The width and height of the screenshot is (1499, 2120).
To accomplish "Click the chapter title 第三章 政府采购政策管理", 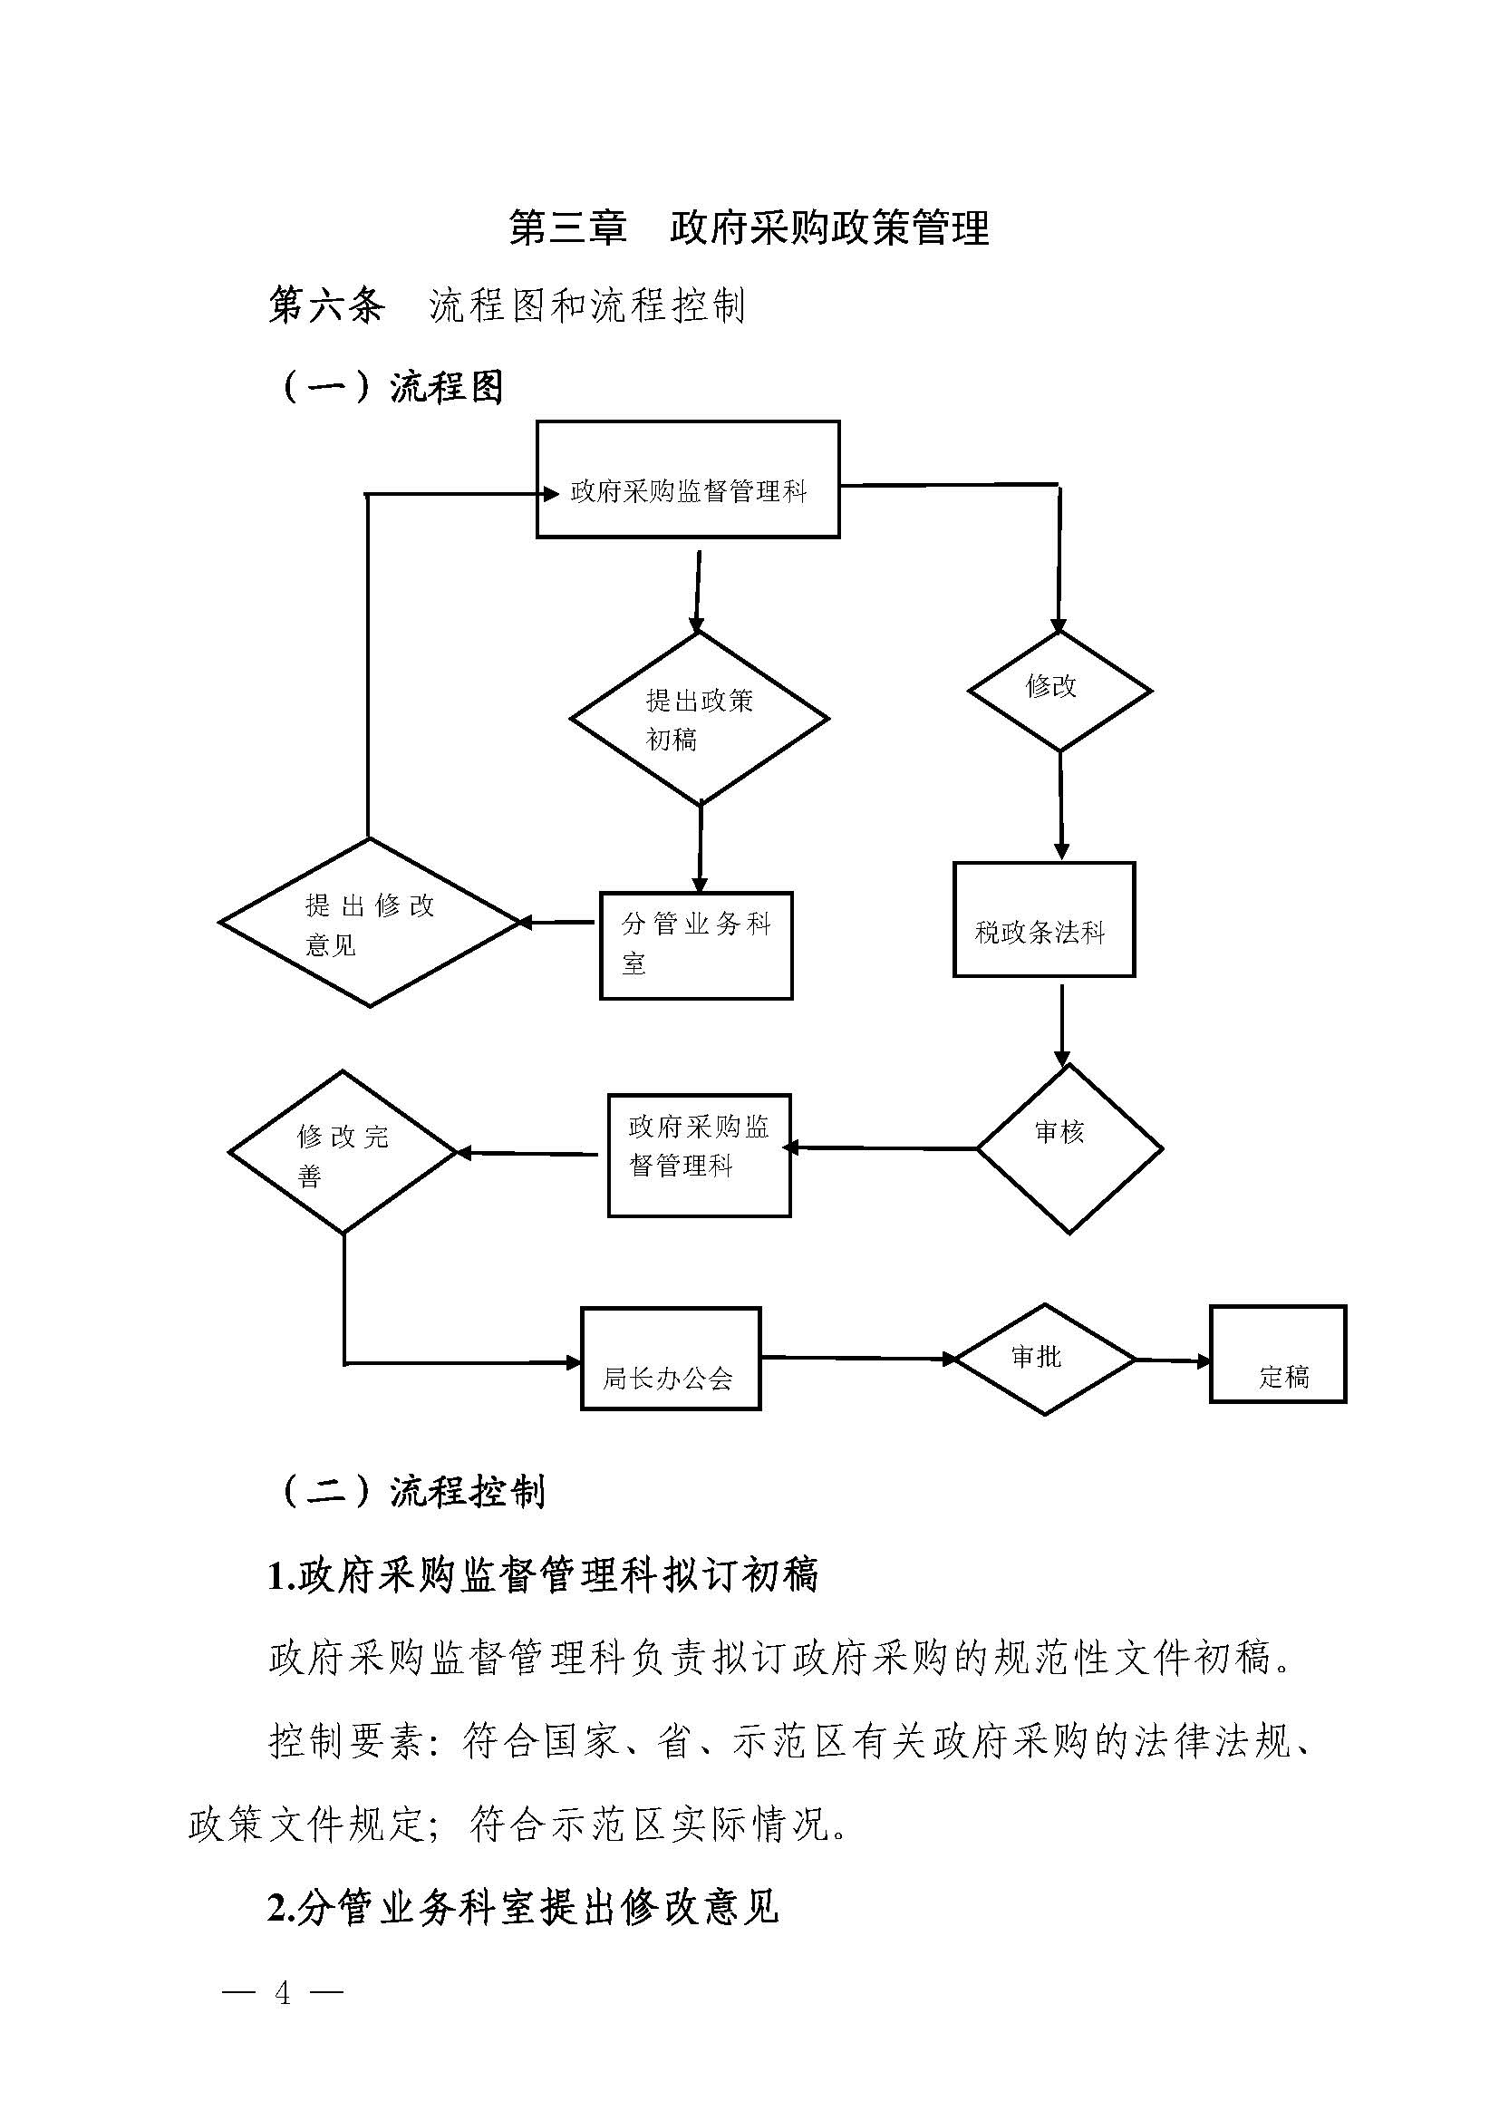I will pos(749,228).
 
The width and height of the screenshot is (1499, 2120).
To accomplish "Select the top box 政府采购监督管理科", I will pos(688,479).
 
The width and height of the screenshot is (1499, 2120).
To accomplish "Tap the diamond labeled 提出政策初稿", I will pos(699,719).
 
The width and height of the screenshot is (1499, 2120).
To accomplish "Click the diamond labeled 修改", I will pos(1059,691).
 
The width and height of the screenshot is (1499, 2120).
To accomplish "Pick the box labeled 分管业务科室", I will pos(696,945).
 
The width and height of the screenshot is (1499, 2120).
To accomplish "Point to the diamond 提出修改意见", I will pos(369,923).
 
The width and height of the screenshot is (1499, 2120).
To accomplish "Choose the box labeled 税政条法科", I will pos(1043,920).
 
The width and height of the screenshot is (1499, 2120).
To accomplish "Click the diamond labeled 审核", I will pos(1069,1148).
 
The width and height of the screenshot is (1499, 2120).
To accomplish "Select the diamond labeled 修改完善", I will pos(343,1152).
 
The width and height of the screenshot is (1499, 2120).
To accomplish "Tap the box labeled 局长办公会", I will pos(670,1360).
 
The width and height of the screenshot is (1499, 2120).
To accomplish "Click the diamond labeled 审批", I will pos(1044,1360).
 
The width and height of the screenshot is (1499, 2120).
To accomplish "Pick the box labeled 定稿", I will pos(1278,1354).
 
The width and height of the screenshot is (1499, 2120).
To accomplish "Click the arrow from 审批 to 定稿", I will pos(1172,1360).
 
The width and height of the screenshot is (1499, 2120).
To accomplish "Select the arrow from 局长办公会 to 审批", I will pos(858,1359).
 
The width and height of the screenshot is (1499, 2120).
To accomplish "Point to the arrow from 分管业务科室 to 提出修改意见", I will pos(557,922).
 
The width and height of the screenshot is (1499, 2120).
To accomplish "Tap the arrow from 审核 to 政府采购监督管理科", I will pos(882,1148).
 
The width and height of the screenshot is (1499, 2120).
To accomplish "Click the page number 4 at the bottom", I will pos(283,1992).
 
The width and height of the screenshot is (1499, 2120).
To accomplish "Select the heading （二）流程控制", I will pos(412,1491).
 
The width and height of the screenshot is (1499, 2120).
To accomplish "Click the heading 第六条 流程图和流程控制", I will pos(507,305).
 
